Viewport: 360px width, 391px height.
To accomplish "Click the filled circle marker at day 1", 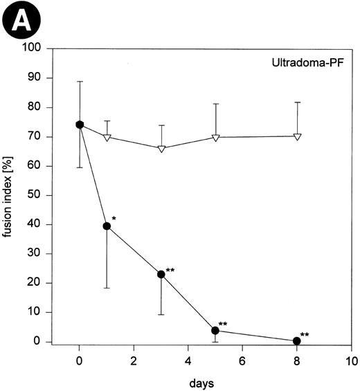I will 107,226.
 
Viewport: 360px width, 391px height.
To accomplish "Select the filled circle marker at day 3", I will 161,274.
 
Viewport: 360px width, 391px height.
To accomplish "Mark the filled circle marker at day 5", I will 215,330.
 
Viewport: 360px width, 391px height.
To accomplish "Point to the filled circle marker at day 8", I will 297,340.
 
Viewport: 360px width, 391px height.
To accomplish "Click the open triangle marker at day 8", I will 297,136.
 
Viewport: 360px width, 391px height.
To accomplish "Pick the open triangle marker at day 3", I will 161,148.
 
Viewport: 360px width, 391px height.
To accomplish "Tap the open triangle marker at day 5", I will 215,137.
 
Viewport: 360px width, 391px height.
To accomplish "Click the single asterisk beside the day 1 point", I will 114,219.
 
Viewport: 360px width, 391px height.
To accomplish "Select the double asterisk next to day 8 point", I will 305,335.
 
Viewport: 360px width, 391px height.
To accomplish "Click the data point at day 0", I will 80,125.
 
